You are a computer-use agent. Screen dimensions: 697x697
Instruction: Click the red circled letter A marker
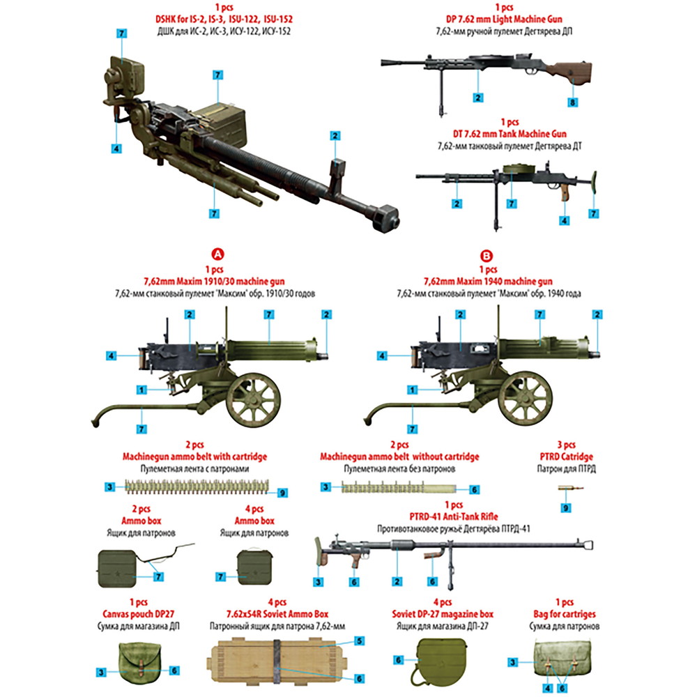217,256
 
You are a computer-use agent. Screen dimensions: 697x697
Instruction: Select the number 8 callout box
573,102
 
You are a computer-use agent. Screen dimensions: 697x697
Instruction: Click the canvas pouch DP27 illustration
139,661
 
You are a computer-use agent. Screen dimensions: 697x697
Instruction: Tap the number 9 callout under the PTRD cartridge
566,509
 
